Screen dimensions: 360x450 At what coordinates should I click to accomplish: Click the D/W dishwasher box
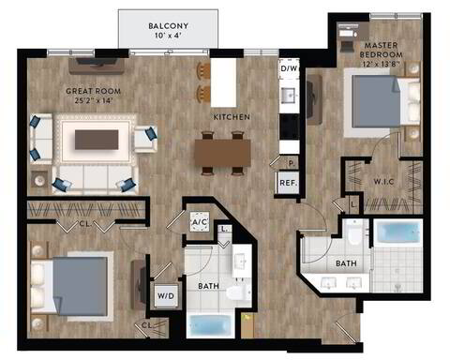[x=289, y=68]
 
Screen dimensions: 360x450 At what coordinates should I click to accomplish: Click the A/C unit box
[x=199, y=221]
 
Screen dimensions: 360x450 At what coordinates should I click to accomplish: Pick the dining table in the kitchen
[x=223, y=149]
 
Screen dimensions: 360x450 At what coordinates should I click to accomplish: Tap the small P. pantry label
[x=279, y=163]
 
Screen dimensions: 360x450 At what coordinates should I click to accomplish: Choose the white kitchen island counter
[x=222, y=82]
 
